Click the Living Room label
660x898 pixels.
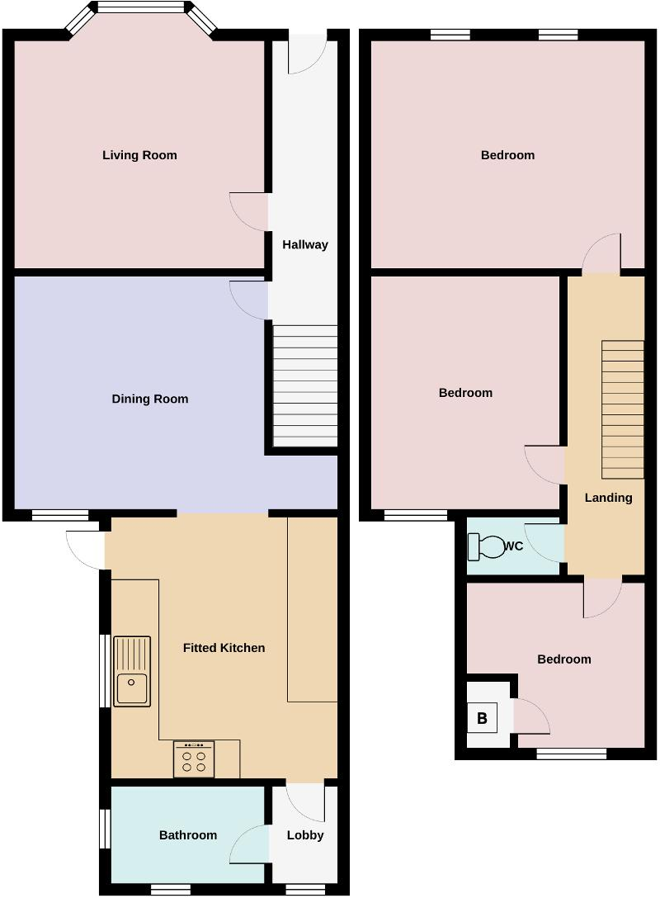pos(139,155)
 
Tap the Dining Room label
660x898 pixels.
pos(150,399)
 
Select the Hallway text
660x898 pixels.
pos(305,244)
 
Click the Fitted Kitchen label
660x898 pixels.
pos(224,648)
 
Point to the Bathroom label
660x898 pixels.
pos(188,835)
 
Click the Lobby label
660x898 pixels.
pos(305,835)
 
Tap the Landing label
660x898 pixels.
pos(609,498)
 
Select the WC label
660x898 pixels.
pos(513,546)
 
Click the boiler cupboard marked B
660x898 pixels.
pos(482,718)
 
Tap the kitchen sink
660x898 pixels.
pos(132,671)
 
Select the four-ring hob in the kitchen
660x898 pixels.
pos(194,759)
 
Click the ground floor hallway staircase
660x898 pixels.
pos(305,386)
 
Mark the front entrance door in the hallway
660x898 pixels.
pos(307,51)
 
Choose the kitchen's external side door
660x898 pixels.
pos(86,550)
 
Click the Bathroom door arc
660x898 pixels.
pos(250,844)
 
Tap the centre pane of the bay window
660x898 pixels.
pos(141,7)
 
